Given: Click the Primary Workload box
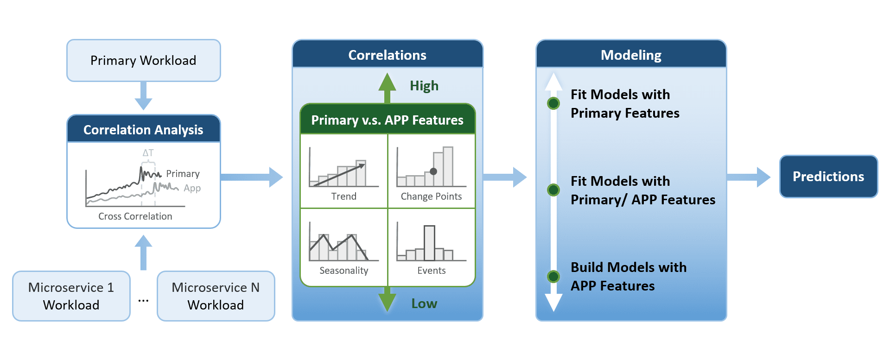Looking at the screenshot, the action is click(x=144, y=60).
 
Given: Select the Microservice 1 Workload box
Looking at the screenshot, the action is click(x=71, y=296).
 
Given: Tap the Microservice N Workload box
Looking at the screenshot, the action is click(x=216, y=296).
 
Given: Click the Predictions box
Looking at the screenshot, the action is click(x=828, y=177).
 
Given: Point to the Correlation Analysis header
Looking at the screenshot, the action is click(x=144, y=129).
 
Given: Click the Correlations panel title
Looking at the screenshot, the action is click(x=387, y=55).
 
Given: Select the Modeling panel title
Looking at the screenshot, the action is click(x=631, y=55).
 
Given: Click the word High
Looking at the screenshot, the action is click(x=424, y=86).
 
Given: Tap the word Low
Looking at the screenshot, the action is click(x=424, y=303).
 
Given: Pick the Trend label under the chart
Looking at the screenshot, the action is click(x=344, y=196).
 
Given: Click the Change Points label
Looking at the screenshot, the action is click(x=431, y=196).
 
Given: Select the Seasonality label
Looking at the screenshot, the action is click(x=344, y=271).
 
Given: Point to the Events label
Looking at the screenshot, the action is click(x=432, y=271).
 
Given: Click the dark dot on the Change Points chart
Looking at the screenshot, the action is click(x=433, y=171).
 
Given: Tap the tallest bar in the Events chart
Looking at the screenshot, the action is click(x=430, y=243).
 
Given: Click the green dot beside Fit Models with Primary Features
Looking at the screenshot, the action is click(x=553, y=103).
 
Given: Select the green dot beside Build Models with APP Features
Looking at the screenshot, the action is click(x=553, y=277).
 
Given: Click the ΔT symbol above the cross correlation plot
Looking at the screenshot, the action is click(x=148, y=153).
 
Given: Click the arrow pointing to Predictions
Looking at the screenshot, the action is click(x=749, y=177).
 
